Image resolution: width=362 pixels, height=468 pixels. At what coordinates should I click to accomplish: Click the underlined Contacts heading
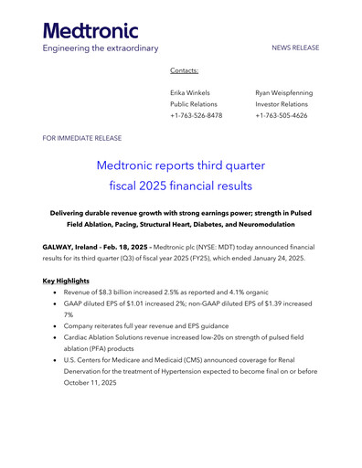pyautogui.click(x=185, y=70)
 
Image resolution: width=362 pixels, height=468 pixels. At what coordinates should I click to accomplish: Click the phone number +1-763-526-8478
pyautogui.click(x=196, y=116)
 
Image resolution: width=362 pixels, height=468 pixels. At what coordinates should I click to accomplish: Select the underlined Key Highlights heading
pyautogui.click(x=66, y=280)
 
